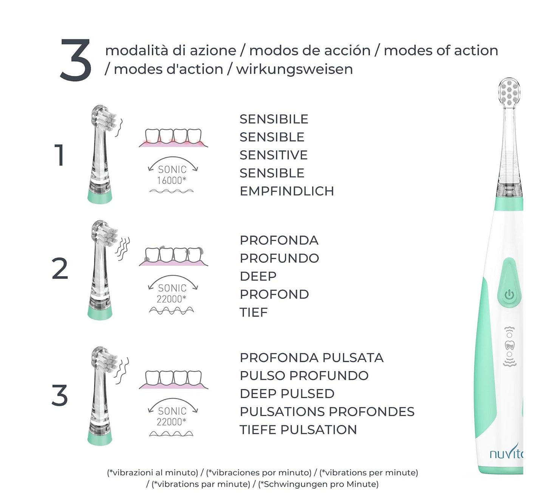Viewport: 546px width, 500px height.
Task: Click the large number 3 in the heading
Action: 76,60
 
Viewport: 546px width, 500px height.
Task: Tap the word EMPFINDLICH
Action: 287,191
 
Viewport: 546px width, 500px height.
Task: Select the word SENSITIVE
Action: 274,155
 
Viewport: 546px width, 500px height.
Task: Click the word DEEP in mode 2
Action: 258,276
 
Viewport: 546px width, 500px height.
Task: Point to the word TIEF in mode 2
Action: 254,313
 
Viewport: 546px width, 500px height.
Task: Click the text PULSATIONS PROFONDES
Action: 327,412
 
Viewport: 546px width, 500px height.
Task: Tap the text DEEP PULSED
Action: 287,394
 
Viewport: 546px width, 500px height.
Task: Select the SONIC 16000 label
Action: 172,175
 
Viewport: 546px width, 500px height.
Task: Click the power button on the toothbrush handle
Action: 509,294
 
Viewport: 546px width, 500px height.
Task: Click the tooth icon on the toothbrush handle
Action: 510,345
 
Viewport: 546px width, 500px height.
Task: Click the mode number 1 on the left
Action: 60,155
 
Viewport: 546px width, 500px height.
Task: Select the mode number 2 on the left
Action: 60,269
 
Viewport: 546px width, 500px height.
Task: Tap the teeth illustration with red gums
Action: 173,138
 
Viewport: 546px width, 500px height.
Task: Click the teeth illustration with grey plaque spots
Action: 173,256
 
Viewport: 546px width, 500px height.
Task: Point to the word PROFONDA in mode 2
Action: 279,240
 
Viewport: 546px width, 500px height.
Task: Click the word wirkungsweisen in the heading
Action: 294,70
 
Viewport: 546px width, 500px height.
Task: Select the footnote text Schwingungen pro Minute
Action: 318,484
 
